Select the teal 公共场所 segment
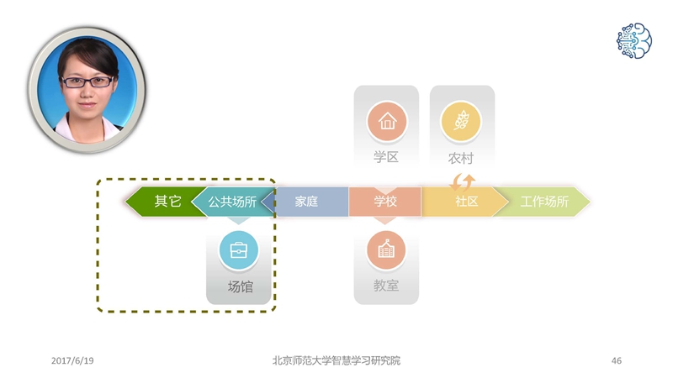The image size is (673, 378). (232, 202)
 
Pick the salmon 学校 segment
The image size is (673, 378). (385, 202)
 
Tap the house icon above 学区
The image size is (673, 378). (387, 121)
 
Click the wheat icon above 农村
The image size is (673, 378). (461, 121)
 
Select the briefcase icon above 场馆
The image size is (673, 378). (239, 250)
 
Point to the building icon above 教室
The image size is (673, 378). (386, 250)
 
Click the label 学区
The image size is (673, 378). (386, 157)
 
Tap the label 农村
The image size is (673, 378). (461, 158)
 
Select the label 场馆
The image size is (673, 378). (241, 286)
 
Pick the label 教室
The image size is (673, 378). (386, 286)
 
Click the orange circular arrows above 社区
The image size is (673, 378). (462, 182)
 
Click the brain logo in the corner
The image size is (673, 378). (634, 40)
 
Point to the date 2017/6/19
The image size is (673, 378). (72, 361)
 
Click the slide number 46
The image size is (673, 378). (617, 361)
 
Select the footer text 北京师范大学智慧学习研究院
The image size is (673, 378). (336, 360)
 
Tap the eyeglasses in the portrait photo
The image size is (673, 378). (87, 81)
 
